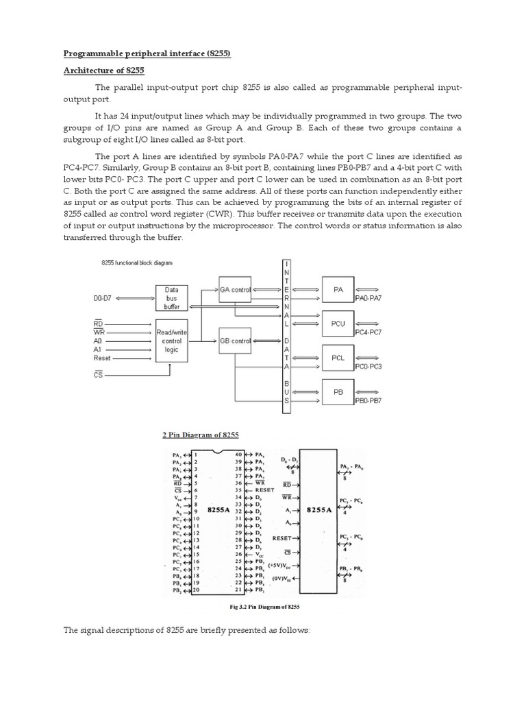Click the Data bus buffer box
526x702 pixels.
pos(172,298)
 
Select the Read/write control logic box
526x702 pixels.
pos(172,339)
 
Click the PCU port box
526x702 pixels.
pos(338,324)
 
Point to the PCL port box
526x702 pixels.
pos(338,357)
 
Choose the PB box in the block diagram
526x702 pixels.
pos(338,391)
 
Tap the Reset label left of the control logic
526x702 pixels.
pos(103,357)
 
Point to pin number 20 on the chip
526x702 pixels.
pos(196,590)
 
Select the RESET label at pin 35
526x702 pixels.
pos(264,490)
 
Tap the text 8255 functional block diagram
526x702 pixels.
pos(131,263)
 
